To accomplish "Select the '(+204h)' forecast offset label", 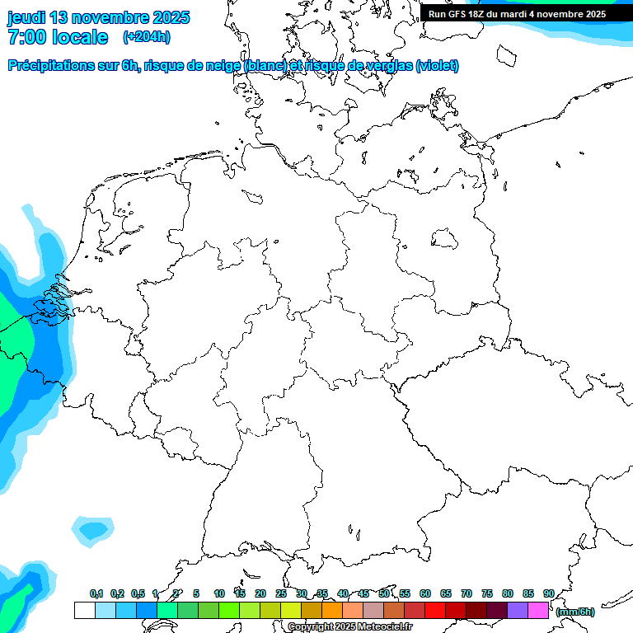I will [x=146, y=37].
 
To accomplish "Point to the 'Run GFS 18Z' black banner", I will [x=517, y=13].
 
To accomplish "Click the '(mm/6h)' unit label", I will [x=574, y=612].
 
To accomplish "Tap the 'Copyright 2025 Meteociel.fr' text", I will [x=350, y=627].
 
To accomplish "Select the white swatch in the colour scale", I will [x=84, y=610].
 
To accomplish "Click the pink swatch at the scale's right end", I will [x=538, y=610].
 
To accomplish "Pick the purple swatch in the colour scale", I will [x=518, y=610].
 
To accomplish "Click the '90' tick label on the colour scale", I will [x=548, y=593].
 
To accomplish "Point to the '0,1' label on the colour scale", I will [x=96, y=593].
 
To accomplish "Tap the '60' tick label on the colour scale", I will [x=425, y=593].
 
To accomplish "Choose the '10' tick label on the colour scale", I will [x=219, y=593].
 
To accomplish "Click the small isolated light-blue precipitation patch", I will [x=91, y=530].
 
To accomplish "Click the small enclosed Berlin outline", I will [x=444, y=239].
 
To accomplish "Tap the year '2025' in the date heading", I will [x=171, y=17].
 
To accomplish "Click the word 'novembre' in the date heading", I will [x=113, y=17].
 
